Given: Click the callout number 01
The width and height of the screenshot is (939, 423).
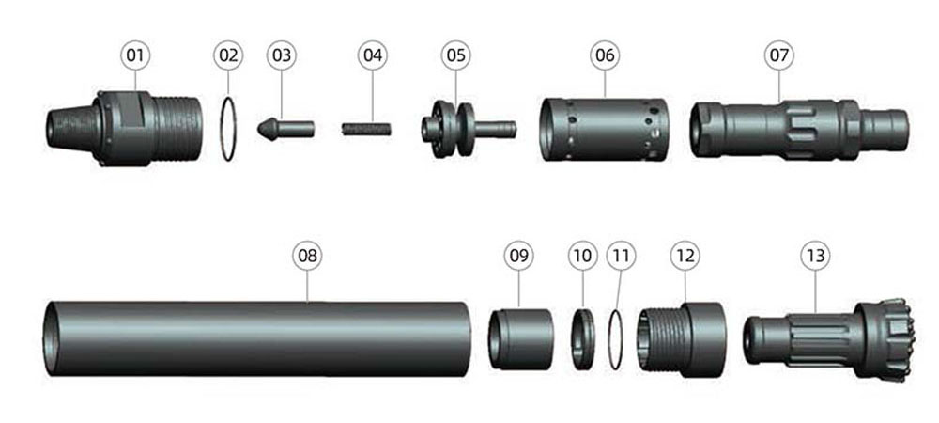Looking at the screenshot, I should point(135,55).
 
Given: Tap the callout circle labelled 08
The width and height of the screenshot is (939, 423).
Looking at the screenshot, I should point(307,254).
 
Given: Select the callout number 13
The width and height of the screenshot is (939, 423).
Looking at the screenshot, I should point(814,254).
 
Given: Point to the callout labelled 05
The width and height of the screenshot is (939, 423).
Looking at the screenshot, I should point(455,55).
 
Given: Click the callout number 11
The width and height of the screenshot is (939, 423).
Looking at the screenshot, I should point(620,254).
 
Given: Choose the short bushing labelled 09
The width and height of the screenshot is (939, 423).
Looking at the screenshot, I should point(521,338).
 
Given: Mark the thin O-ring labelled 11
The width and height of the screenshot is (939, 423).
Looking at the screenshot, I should point(617,338).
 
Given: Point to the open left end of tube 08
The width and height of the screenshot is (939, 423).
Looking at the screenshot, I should point(54,338).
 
